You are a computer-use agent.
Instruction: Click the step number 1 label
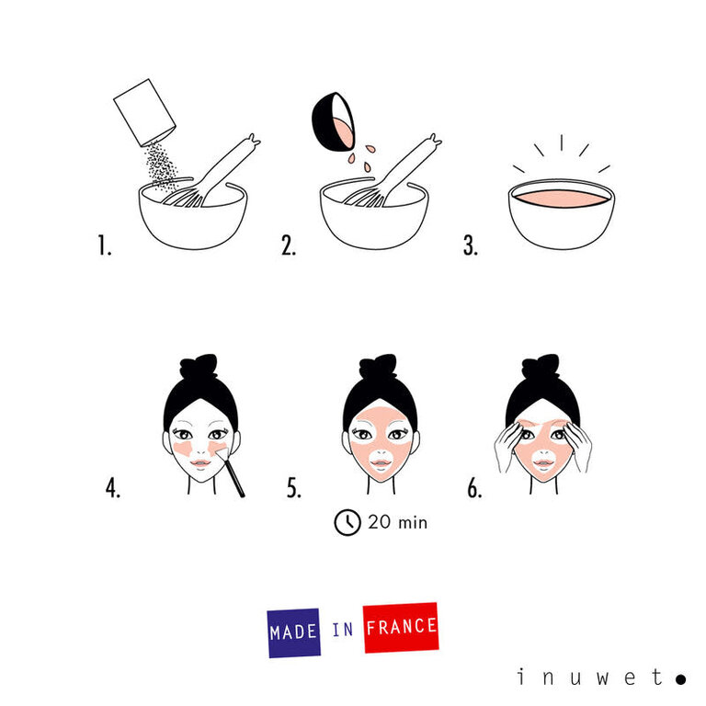pyautogui.click(x=104, y=245)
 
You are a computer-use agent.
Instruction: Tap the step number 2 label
pyautogui.click(x=289, y=245)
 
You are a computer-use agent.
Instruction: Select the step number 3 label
pyautogui.click(x=471, y=245)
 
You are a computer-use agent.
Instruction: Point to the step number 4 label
pyautogui.click(x=112, y=489)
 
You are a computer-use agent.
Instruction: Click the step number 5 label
pyautogui.click(x=294, y=489)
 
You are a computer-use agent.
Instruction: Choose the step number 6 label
pyautogui.click(x=474, y=489)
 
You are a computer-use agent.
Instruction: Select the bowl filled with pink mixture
pyautogui.click(x=561, y=212)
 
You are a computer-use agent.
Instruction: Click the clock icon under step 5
pyautogui.click(x=347, y=522)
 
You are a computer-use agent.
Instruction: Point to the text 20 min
pyautogui.click(x=397, y=522)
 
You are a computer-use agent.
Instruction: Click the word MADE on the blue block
pyautogui.click(x=294, y=632)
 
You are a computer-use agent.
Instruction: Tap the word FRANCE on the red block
pyautogui.click(x=401, y=628)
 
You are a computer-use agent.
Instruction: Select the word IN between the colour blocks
pyautogui.click(x=342, y=631)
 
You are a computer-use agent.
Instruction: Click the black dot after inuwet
pyautogui.click(x=680, y=679)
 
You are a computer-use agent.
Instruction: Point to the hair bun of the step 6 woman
pyautogui.click(x=542, y=366)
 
